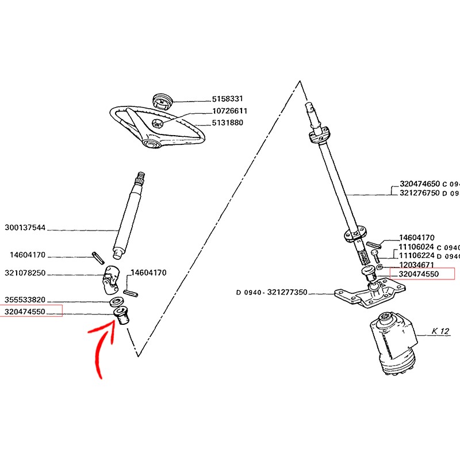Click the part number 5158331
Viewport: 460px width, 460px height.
[x=228, y=99]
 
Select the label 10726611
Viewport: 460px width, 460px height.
[x=229, y=111]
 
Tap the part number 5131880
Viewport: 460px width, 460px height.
[x=228, y=122]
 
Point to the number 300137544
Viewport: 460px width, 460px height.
[x=25, y=228]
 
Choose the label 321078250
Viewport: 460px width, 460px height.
[x=25, y=273]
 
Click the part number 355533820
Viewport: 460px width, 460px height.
[x=25, y=300]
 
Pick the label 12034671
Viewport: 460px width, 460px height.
[x=416, y=265]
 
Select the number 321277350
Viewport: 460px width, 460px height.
[x=287, y=292]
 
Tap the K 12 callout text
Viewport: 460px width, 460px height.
[x=440, y=331]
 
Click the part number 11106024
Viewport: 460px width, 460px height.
[x=416, y=247]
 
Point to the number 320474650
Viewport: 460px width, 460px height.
[x=420, y=184]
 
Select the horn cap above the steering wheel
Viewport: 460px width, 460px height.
[x=163, y=101]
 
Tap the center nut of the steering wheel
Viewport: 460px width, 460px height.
[x=157, y=124]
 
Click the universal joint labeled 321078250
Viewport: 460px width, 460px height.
[x=110, y=279]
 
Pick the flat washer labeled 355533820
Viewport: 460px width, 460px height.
[x=116, y=301]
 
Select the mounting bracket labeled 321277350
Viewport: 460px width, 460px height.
[x=370, y=293]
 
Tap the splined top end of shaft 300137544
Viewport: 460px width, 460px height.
[x=140, y=178]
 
